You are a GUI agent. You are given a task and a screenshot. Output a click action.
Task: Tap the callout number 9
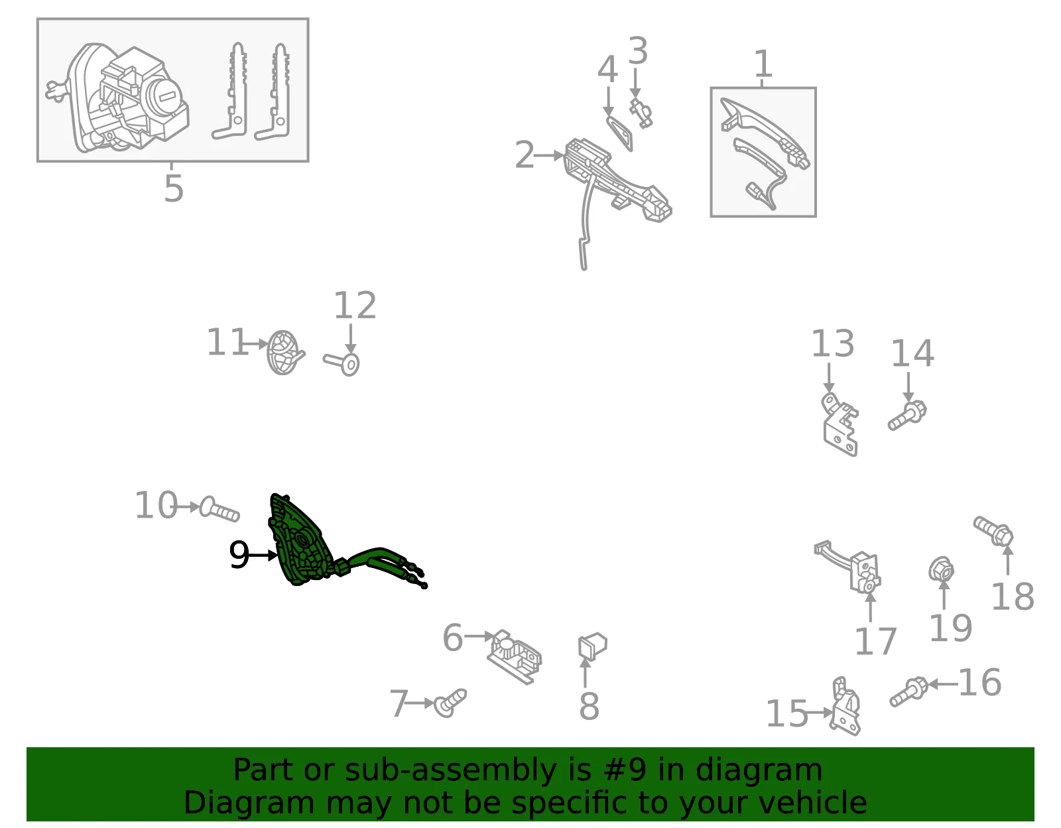239,555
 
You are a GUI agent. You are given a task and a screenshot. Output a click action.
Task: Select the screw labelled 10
219,509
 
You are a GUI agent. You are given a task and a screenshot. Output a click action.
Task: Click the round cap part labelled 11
285,352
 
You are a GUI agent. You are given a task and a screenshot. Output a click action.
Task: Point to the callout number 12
355,306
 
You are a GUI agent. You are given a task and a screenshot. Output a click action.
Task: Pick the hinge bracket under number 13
840,424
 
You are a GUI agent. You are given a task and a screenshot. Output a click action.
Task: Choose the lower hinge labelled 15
845,706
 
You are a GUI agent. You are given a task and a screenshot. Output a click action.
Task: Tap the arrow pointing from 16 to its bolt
942,685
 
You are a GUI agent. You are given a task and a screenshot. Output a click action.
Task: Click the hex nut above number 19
941,569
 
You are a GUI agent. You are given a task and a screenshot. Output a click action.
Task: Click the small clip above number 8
592,646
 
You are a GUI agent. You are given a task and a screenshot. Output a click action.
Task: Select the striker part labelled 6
515,657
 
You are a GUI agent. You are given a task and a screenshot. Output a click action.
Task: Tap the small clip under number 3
641,113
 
